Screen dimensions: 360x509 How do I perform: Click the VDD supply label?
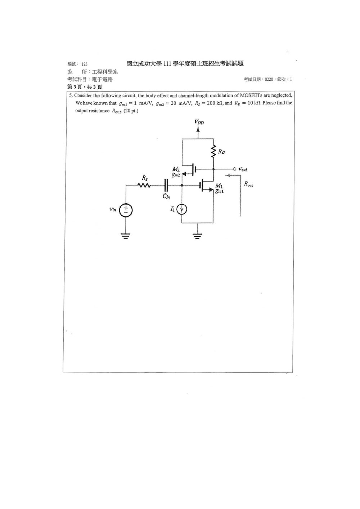[x=199, y=122]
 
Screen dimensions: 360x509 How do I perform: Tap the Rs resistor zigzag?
[x=144, y=186]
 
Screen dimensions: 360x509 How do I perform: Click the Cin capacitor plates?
[x=166, y=186]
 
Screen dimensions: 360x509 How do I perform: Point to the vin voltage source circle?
[x=126, y=210]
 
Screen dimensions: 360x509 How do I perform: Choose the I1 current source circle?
[x=182, y=209]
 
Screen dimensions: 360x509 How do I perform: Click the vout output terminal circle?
[x=234, y=169]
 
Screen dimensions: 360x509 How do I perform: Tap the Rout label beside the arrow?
[x=248, y=184]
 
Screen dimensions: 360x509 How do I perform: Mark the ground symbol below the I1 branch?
[x=197, y=236]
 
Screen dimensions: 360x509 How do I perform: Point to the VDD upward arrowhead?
[x=198, y=129]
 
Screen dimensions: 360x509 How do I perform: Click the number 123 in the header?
[x=84, y=64]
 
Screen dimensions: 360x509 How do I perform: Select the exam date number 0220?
[x=269, y=79]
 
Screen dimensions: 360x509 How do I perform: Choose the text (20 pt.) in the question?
[x=131, y=111]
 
